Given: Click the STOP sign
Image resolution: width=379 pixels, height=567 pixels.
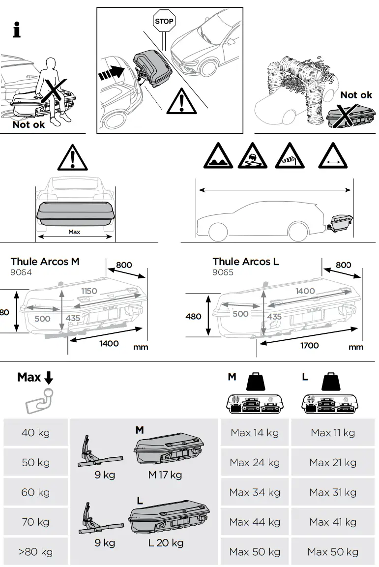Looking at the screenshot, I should (164, 21).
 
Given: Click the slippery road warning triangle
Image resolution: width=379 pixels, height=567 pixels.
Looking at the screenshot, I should (253, 157).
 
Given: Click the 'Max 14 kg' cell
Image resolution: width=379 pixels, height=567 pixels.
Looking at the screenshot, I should (255, 433).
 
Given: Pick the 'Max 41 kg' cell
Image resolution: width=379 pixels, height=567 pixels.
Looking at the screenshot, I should (333, 522).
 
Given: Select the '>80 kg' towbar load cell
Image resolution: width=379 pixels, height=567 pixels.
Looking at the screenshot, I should (35, 552).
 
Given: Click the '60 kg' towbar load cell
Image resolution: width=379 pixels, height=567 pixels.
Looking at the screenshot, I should (35, 492).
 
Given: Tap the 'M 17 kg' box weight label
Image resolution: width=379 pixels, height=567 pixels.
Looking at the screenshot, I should (165, 475).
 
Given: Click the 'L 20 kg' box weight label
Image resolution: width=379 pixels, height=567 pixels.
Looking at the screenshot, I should (166, 543).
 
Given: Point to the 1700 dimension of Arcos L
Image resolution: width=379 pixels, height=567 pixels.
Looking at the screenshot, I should (309, 346).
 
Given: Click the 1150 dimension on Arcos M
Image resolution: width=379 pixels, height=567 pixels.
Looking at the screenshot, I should (89, 291).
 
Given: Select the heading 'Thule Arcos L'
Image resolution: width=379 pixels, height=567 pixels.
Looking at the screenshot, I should (245, 262).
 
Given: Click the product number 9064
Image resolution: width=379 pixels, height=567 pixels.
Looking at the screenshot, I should (21, 272).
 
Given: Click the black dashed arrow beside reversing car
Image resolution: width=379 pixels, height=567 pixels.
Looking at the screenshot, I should (111, 74).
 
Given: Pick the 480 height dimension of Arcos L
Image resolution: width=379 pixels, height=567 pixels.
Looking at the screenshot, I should (193, 316).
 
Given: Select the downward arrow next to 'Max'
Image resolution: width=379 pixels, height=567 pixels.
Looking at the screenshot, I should (49, 378).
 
